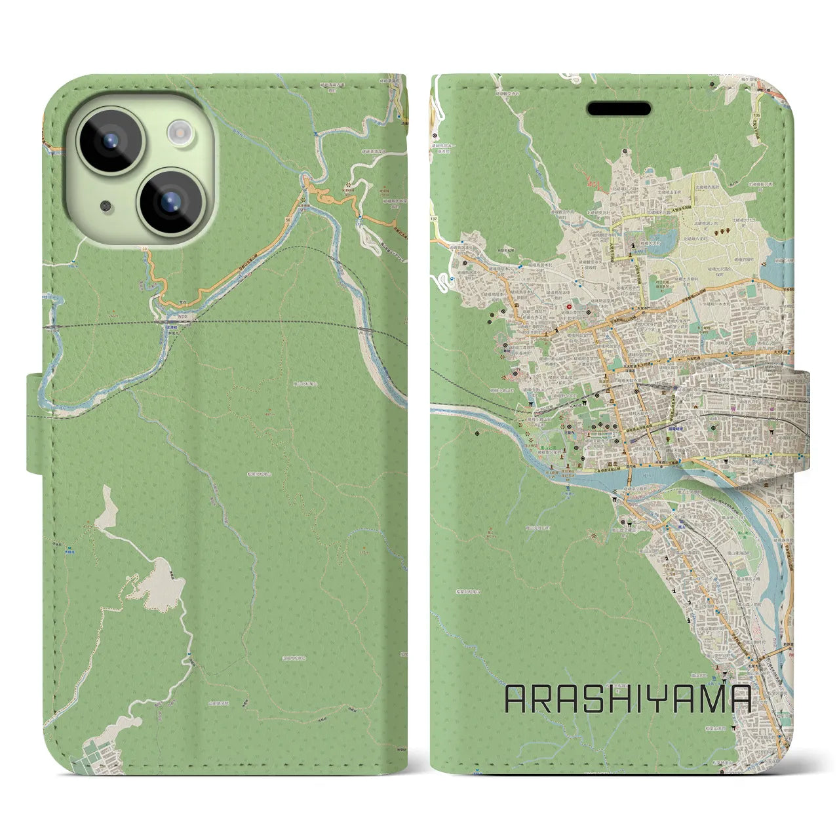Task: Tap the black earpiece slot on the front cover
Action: point(619,109)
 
